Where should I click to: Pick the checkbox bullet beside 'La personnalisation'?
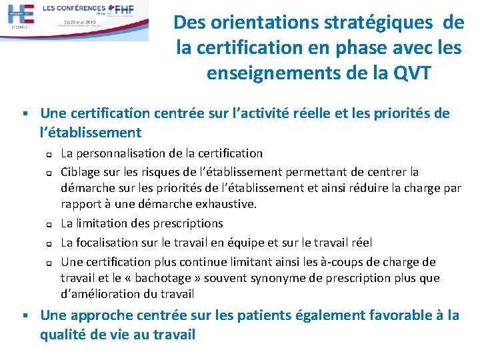point(49,155)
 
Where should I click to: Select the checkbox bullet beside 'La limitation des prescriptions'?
point(49,224)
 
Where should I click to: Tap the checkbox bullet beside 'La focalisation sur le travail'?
point(49,243)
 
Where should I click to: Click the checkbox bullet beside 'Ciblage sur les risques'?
point(49,173)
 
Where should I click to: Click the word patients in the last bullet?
point(273,315)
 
